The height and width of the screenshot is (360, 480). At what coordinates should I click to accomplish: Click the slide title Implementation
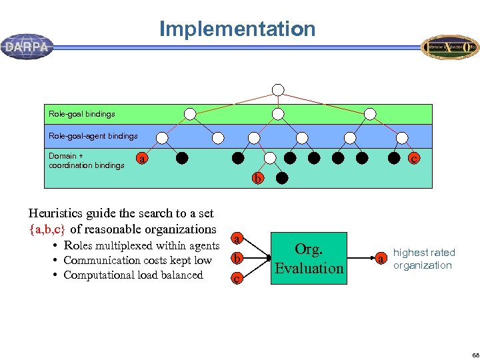point(237,29)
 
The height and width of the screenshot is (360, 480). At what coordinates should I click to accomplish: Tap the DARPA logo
point(27,47)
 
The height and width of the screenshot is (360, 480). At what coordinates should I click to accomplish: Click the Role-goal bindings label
point(81,114)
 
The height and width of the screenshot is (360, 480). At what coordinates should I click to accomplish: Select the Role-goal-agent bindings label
point(93,136)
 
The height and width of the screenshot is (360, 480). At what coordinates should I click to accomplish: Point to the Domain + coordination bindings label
point(86,161)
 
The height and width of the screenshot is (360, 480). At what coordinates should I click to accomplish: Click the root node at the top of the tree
point(278,90)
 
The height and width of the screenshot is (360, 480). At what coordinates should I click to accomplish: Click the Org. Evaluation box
point(309,259)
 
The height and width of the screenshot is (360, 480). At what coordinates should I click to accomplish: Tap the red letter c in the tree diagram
point(414,159)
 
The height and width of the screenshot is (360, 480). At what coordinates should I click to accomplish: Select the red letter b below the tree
point(257,179)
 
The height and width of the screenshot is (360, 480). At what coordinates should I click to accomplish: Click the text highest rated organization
point(423,259)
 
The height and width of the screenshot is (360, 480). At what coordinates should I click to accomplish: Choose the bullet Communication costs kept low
point(137,260)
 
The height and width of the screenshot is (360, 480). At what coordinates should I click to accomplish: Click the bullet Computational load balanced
point(133,275)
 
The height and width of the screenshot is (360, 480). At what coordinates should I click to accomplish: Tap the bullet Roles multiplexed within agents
point(141,245)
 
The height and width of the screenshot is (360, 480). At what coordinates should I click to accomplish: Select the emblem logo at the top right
point(449,47)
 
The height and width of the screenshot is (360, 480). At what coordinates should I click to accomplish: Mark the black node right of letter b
point(282,179)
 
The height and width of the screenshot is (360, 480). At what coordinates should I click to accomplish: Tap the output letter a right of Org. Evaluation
point(380,259)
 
